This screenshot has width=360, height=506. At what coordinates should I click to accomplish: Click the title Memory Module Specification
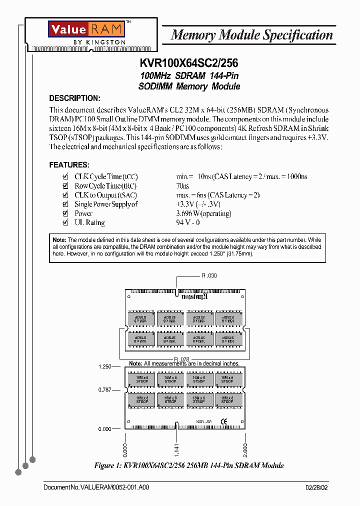[x=251, y=35]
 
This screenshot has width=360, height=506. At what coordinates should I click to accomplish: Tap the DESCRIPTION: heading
[x=74, y=98]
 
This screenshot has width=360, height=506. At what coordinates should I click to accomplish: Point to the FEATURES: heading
[x=69, y=164]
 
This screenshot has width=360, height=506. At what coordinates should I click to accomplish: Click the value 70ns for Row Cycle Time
[x=183, y=185]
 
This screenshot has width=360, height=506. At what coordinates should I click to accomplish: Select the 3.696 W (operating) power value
[x=203, y=213]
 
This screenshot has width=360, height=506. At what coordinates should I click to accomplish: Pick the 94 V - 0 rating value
[x=188, y=222]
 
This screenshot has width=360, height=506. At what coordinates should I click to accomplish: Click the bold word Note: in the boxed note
[x=59, y=240]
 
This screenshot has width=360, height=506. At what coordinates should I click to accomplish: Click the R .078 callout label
[x=182, y=359]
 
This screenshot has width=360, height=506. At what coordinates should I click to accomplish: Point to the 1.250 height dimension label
[x=104, y=366]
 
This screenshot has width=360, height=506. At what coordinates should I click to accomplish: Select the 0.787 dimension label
[x=104, y=390]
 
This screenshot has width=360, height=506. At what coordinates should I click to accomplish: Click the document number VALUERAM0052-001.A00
[x=96, y=487]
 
